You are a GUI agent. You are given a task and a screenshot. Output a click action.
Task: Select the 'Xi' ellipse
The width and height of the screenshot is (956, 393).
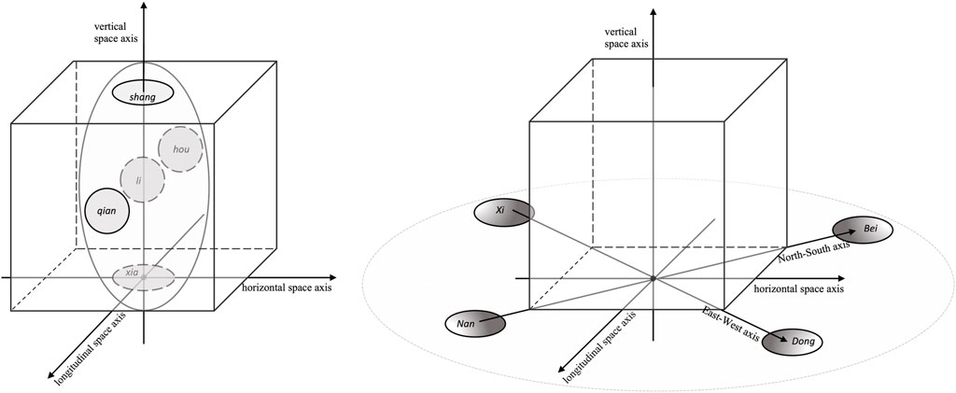click(503, 213)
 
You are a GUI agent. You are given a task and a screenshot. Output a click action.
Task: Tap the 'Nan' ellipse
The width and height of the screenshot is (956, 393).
click(474, 323)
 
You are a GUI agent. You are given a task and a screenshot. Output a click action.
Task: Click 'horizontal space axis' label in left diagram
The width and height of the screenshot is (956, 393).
click(286, 286)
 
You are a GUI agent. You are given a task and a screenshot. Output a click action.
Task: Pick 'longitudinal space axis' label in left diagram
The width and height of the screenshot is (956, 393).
click(89, 342)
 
